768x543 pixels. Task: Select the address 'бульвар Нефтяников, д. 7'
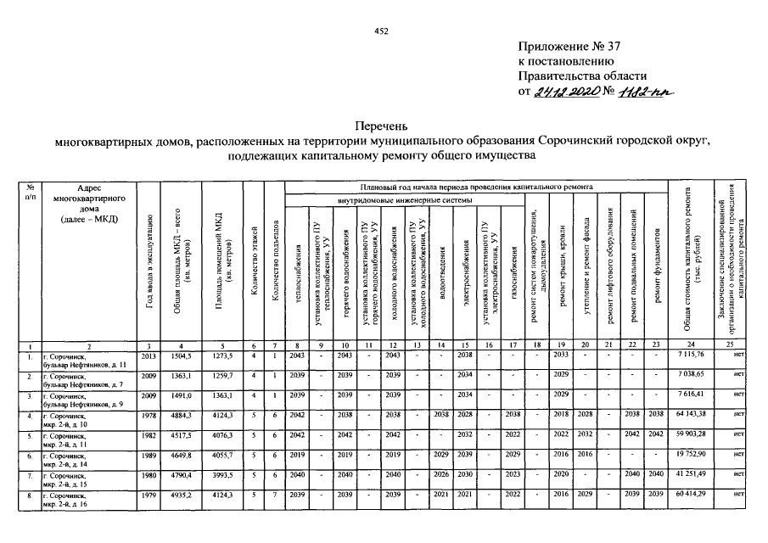click(x=84, y=379)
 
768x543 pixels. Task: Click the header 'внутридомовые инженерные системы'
click(x=402, y=201)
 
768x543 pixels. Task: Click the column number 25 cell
click(x=730, y=344)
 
